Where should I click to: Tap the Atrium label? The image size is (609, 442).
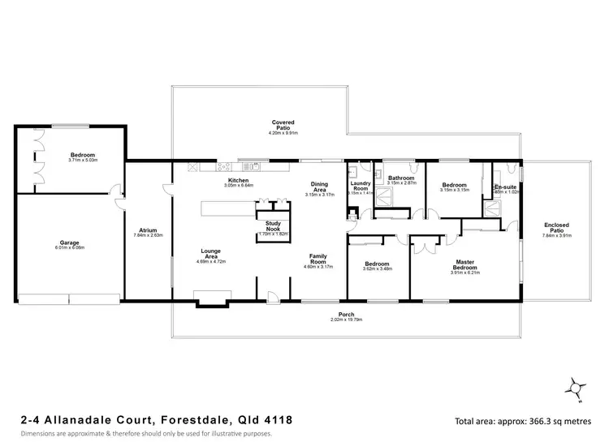[x=147, y=230]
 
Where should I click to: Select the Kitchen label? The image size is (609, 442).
[x=238, y=179]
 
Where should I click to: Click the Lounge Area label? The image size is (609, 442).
[x=209, y=251]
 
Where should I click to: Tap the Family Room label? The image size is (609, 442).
[x=318, y=259]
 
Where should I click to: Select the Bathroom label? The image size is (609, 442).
[x=401, y=178]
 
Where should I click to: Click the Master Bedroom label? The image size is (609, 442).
[x=465, y=264]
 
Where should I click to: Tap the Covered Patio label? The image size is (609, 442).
[x=283, y=124]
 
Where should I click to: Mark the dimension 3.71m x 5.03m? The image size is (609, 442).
[x=82, y=161]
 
